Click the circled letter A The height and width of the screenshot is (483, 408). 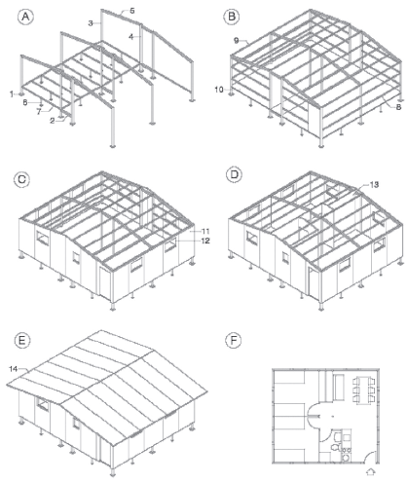coord(25,17)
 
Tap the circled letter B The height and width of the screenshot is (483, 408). coord(232,17)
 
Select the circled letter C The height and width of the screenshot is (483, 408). coord(21,179)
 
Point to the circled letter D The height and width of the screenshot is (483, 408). coord(234,174)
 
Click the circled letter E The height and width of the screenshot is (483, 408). coord(22,341)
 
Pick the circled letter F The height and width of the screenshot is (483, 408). coord(234,341)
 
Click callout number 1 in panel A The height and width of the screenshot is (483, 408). coord(12,94)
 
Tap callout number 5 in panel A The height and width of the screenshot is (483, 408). coord(132,11)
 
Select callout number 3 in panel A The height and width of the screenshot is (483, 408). coord(91,23)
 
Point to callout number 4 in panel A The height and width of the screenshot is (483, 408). coord(130,37)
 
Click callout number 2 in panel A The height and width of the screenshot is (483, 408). coord(53,121)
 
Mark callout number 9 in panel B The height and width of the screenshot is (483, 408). coord(237,40)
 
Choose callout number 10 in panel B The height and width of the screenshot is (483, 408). coord(219,90)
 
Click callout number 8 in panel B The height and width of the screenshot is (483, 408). coord(398,107)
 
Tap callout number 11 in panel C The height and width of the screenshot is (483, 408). coord(205,232)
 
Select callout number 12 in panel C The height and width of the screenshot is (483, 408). coord(205,241)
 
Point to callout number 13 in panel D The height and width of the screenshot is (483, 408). coord(374,184)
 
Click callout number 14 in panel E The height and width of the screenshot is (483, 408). coord(14,369)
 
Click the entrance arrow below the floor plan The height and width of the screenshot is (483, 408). coord(370,471)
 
